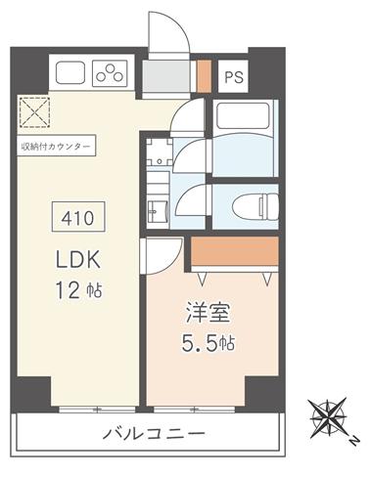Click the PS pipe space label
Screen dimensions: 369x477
(x=234, y=77)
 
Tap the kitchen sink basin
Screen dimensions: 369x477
(x=70, y=73)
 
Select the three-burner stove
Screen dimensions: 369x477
(x=110, y=73)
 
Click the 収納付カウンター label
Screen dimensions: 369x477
(x=56, y=147)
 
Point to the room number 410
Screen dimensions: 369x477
(x=78, y=217)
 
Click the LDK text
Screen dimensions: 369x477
(x=77, y=260)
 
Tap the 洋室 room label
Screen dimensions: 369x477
(x=208, y=313)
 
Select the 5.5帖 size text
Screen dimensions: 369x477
(x=208, y=343)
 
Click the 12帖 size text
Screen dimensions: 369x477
(x=79, y=290)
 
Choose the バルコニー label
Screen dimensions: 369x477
(x=154, y=434)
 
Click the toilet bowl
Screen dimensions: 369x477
(x=255, y=206)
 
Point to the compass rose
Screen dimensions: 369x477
(x=328, y=417)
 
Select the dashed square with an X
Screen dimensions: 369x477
(x=34, y=111)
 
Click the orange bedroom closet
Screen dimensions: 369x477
(x=235, y=251)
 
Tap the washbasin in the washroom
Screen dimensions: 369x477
(x=158, y=211)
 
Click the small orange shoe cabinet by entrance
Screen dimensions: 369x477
(x=205, y=76)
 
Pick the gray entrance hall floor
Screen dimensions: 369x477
(x=165, y=76)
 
